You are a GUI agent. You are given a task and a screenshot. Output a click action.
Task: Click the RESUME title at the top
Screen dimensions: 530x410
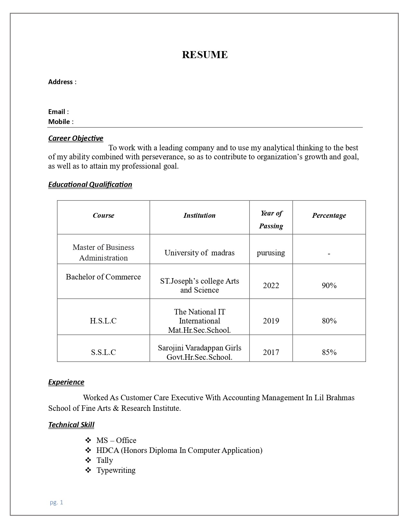(x=205, y=55)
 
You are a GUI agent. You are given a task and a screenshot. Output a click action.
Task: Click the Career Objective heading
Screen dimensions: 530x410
(x=76, y=138)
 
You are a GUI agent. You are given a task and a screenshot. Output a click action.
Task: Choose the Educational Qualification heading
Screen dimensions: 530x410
(x=90, y=185)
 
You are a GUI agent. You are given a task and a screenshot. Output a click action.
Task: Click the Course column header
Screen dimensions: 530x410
(x=104, y=216)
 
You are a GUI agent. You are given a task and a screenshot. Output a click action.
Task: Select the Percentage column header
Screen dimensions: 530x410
(x=329, y=216)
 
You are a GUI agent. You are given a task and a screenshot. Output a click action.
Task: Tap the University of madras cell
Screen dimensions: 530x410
(x=199, y=253)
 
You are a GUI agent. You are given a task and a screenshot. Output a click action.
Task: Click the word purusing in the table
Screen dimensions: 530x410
(x=271, y=253)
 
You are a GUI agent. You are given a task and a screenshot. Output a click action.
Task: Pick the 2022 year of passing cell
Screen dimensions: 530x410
(x=271, y=286)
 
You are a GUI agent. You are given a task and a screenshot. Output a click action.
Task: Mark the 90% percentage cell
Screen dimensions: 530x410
(x=329, y=286)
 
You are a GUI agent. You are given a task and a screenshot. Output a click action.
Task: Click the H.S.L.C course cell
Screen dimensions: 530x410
(x=103, y=321)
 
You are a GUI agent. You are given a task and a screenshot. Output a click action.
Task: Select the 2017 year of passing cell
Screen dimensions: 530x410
(x=271, y=352)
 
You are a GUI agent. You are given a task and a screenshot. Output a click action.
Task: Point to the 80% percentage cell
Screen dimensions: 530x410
(x=329, y=321)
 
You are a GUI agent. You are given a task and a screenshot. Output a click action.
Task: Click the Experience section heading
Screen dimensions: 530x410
(x=66, y=382)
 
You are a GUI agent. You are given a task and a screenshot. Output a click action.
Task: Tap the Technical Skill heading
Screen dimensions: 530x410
(x=71, y=425)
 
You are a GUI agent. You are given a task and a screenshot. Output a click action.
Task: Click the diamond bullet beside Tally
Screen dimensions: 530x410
(x=88, y=460)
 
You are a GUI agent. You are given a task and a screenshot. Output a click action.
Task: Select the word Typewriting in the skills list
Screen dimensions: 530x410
(x=116, y=470)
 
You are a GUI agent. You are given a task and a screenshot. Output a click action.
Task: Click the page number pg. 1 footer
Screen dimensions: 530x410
(x=57, y=502)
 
